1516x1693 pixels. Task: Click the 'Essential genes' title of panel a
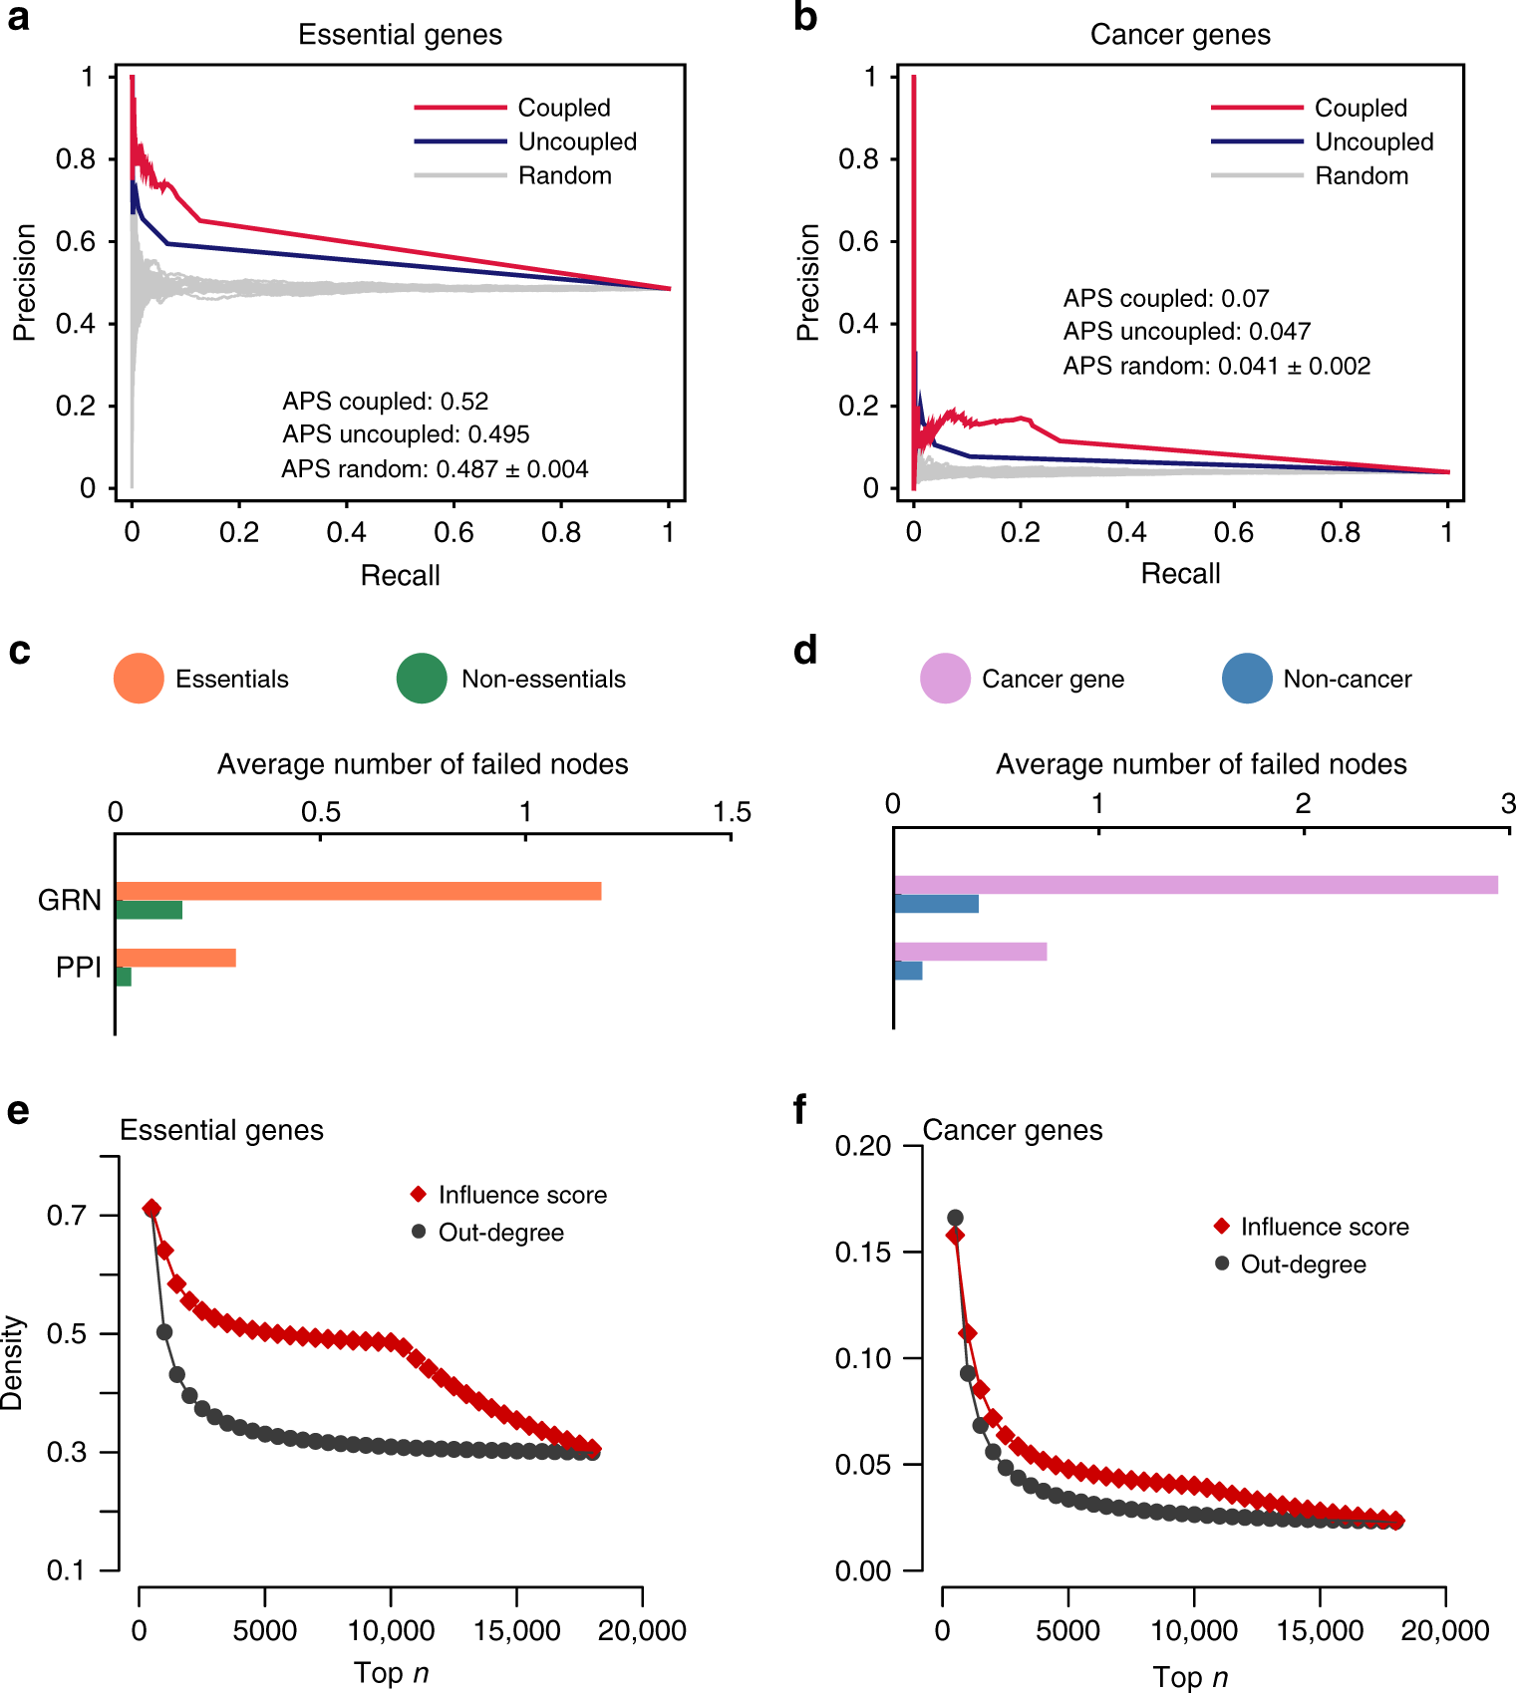[400, 35]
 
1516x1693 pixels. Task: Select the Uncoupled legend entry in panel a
[576, 141]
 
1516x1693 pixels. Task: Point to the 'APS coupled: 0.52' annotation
[386, 402]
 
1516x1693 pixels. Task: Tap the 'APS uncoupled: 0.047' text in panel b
[1186, 332]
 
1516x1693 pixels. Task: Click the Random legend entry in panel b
[1361, 176]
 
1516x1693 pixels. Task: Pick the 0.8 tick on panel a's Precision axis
[76, 159]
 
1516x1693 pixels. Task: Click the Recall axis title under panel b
[1180, 574]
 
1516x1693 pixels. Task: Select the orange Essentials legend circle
[139, 679]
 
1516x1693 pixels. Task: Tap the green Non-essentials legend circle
[422, 679]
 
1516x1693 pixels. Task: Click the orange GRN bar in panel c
[359, 891]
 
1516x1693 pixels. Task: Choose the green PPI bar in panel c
[124, 977]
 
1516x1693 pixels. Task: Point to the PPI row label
[79, 968]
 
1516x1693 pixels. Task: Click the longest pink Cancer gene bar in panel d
[1196, 885]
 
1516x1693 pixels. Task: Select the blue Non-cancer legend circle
[1247, 679]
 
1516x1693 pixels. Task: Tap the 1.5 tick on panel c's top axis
[732, 812]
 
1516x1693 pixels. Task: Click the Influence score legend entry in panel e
[521, 1195]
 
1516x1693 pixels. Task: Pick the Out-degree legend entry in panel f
[1302, 1265]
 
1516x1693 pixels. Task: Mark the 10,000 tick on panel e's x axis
[391, 1631]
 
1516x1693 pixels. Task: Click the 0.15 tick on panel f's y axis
[862, 1253]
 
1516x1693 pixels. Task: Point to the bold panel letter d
[805, 651]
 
